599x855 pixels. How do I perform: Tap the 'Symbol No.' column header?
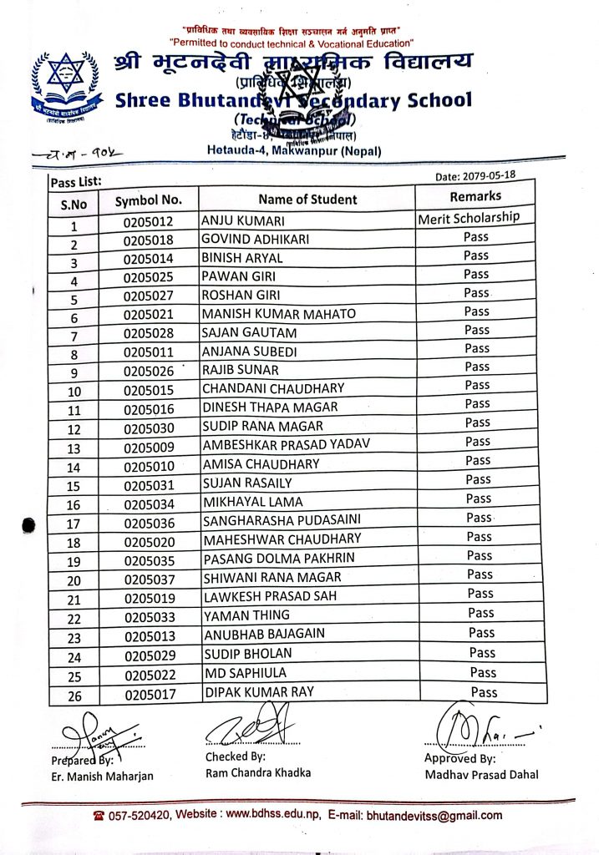click(149, 200)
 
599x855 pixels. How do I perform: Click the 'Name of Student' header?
click(307, 199)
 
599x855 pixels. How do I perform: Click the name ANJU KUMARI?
click(243, 221)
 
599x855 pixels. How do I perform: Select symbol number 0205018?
click(149, 240)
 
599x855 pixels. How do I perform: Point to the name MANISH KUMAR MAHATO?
click(279, 314)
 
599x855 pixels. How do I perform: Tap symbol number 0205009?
click(149, 447)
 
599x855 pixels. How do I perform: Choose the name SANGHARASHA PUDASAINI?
click(282, 520)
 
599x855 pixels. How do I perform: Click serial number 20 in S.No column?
click(74, 580)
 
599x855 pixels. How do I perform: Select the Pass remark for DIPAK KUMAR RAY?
click(484, 692)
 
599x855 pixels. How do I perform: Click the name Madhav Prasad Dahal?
click(480, 774)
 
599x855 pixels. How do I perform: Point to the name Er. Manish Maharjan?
click(101, 776)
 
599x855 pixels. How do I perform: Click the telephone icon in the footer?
click(99, 816)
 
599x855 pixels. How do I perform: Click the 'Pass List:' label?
click(76, 180)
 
